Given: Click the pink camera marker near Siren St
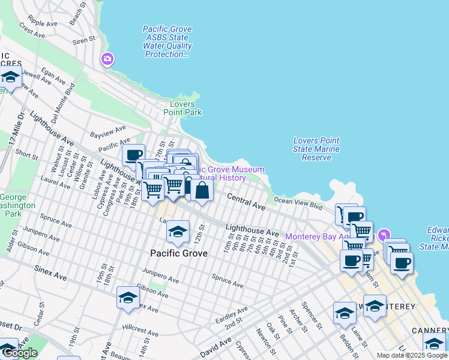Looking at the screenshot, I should [x=107, y=59].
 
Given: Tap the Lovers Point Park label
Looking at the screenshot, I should [x=182, y=108].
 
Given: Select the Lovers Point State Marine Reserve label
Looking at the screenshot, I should [x=316, y=149].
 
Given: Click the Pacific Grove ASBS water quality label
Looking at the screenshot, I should [x=167, y=41].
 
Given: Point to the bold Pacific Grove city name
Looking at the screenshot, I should [x=178, y=253].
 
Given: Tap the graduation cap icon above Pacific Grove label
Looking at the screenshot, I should [x=178, y=232].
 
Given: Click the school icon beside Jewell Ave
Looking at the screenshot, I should [x=10, y=77].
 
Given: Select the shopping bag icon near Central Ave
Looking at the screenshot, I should [x=202, y=191].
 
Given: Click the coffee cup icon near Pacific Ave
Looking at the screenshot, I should [x=134, y=154].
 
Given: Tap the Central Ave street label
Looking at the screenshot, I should [x=246, y=202].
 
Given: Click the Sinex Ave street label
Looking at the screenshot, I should [x=50, y=274].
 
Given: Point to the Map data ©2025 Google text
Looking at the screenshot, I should [x=412, y=355].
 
